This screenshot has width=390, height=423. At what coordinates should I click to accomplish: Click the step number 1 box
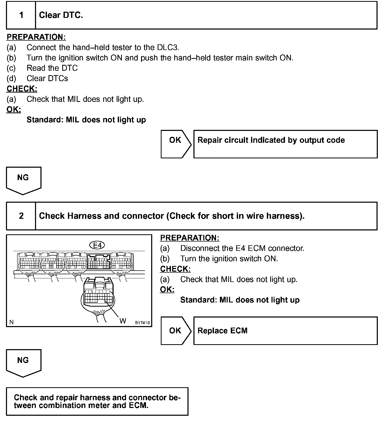[x=21, y=15]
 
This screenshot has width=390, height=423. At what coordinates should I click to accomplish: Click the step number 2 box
[x=21, y=216]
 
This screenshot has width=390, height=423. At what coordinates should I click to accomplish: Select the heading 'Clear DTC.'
[x=61, y=15]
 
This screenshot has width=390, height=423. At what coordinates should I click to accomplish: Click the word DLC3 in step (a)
[x=168, y=47]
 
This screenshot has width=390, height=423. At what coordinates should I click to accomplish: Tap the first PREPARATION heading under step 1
[x=36, y=37]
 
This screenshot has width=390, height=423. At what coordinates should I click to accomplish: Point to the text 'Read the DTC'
[x=52, y=68]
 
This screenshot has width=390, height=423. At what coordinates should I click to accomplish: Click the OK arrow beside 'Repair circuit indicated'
[x=176, y=144]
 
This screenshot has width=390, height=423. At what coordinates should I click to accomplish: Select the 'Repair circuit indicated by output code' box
[x=285, y=144]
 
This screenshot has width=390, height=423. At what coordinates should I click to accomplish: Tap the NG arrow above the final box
[x=23, y=363]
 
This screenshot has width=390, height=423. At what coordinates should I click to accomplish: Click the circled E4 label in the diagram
[x=97, y=245]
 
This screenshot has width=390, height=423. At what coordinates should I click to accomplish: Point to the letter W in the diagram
[x=123, y=321]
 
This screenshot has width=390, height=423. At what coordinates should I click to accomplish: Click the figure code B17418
[x=142, y=323]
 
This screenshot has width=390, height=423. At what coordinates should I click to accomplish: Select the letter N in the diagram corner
[x=11, y=322]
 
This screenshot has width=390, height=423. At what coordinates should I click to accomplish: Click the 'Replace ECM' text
[x=222, y=331]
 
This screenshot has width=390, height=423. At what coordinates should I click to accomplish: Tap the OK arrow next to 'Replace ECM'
[x=176, y=330]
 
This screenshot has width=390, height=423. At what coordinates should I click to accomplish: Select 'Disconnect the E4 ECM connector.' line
[x=242, y=248]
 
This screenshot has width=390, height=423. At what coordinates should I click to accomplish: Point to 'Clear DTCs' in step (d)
[x=47, y=79]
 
